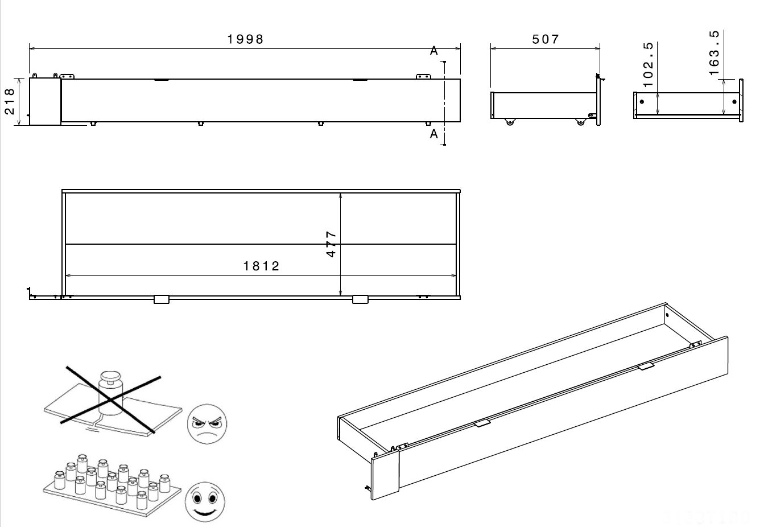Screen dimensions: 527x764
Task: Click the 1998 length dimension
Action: coord(246,39)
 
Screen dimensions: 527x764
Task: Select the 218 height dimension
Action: coord(10,101)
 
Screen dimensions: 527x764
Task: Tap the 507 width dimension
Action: coord(546,39)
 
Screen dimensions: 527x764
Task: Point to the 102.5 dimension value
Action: coord(647,64)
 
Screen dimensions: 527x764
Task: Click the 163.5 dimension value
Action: coord(715,52)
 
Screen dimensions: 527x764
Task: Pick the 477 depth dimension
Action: coord(332,244)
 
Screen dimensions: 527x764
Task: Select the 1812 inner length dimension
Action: coord(262,266)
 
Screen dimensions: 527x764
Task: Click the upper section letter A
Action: coord(434,51)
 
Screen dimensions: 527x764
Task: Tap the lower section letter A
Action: coord(434,134)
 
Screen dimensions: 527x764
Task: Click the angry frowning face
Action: coord(207,424)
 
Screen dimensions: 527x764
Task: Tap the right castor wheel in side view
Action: coord(580,121)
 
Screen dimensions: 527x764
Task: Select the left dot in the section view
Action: coord(642,102)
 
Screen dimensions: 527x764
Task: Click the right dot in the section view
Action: coord(734,102)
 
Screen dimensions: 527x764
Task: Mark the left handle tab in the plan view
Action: coord(162,299)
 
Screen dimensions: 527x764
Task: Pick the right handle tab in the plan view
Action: coord(360,299)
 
